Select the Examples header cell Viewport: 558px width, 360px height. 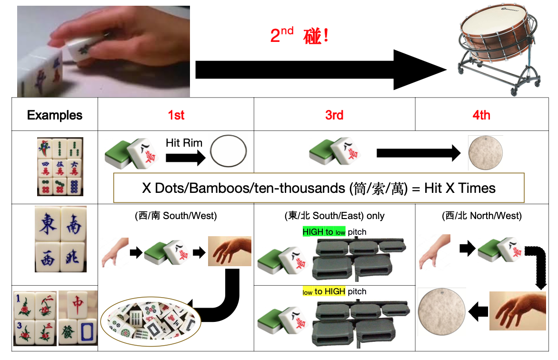tap(55, 115)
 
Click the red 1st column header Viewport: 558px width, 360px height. tap(176, 115)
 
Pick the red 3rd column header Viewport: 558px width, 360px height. tap(334, 115)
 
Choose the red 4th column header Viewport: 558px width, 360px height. tap(481, 115)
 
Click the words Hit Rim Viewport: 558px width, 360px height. tap(184, 142)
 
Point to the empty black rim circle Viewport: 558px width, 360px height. tap(229, 151)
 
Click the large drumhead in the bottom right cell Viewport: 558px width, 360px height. tap(441, 312)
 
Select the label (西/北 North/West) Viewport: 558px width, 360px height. tap(481, 216)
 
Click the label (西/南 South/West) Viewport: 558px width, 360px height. tap(176, 216)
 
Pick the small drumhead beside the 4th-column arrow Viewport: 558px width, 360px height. tap(485, 153)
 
